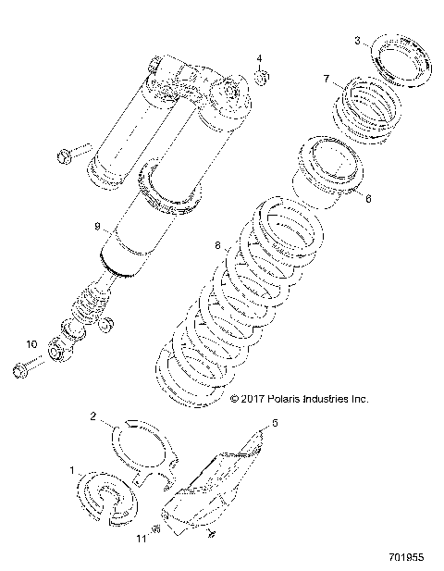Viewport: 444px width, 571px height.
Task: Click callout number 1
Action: click(73, 470)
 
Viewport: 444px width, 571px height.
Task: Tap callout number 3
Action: click(358, 41)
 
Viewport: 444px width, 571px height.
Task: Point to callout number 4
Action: click(259, 57)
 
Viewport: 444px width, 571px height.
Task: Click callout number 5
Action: click(274, 423)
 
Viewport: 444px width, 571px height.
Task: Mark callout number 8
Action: click(216, 247)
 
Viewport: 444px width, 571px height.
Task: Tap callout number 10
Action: click(31, 344)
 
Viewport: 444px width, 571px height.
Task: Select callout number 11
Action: click(142, 539)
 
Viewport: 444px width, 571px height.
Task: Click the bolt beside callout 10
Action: click(20, 370)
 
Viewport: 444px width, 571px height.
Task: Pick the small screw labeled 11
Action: click(157, 529)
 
